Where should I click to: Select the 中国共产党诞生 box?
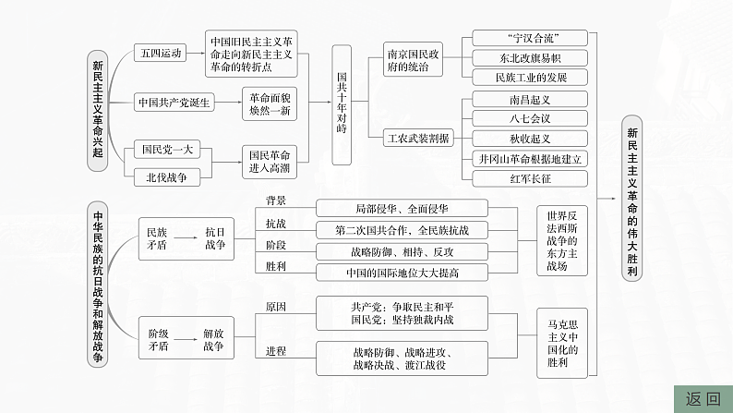(174, 102)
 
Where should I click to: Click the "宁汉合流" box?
(529, 37)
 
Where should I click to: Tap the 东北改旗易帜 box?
(529, 57)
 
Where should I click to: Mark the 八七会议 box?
(529, 117)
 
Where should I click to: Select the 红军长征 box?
(529, 178)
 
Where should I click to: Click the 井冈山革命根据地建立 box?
(529, 158)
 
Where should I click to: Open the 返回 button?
(703, 399)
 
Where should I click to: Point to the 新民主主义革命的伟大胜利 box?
(631, 196)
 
